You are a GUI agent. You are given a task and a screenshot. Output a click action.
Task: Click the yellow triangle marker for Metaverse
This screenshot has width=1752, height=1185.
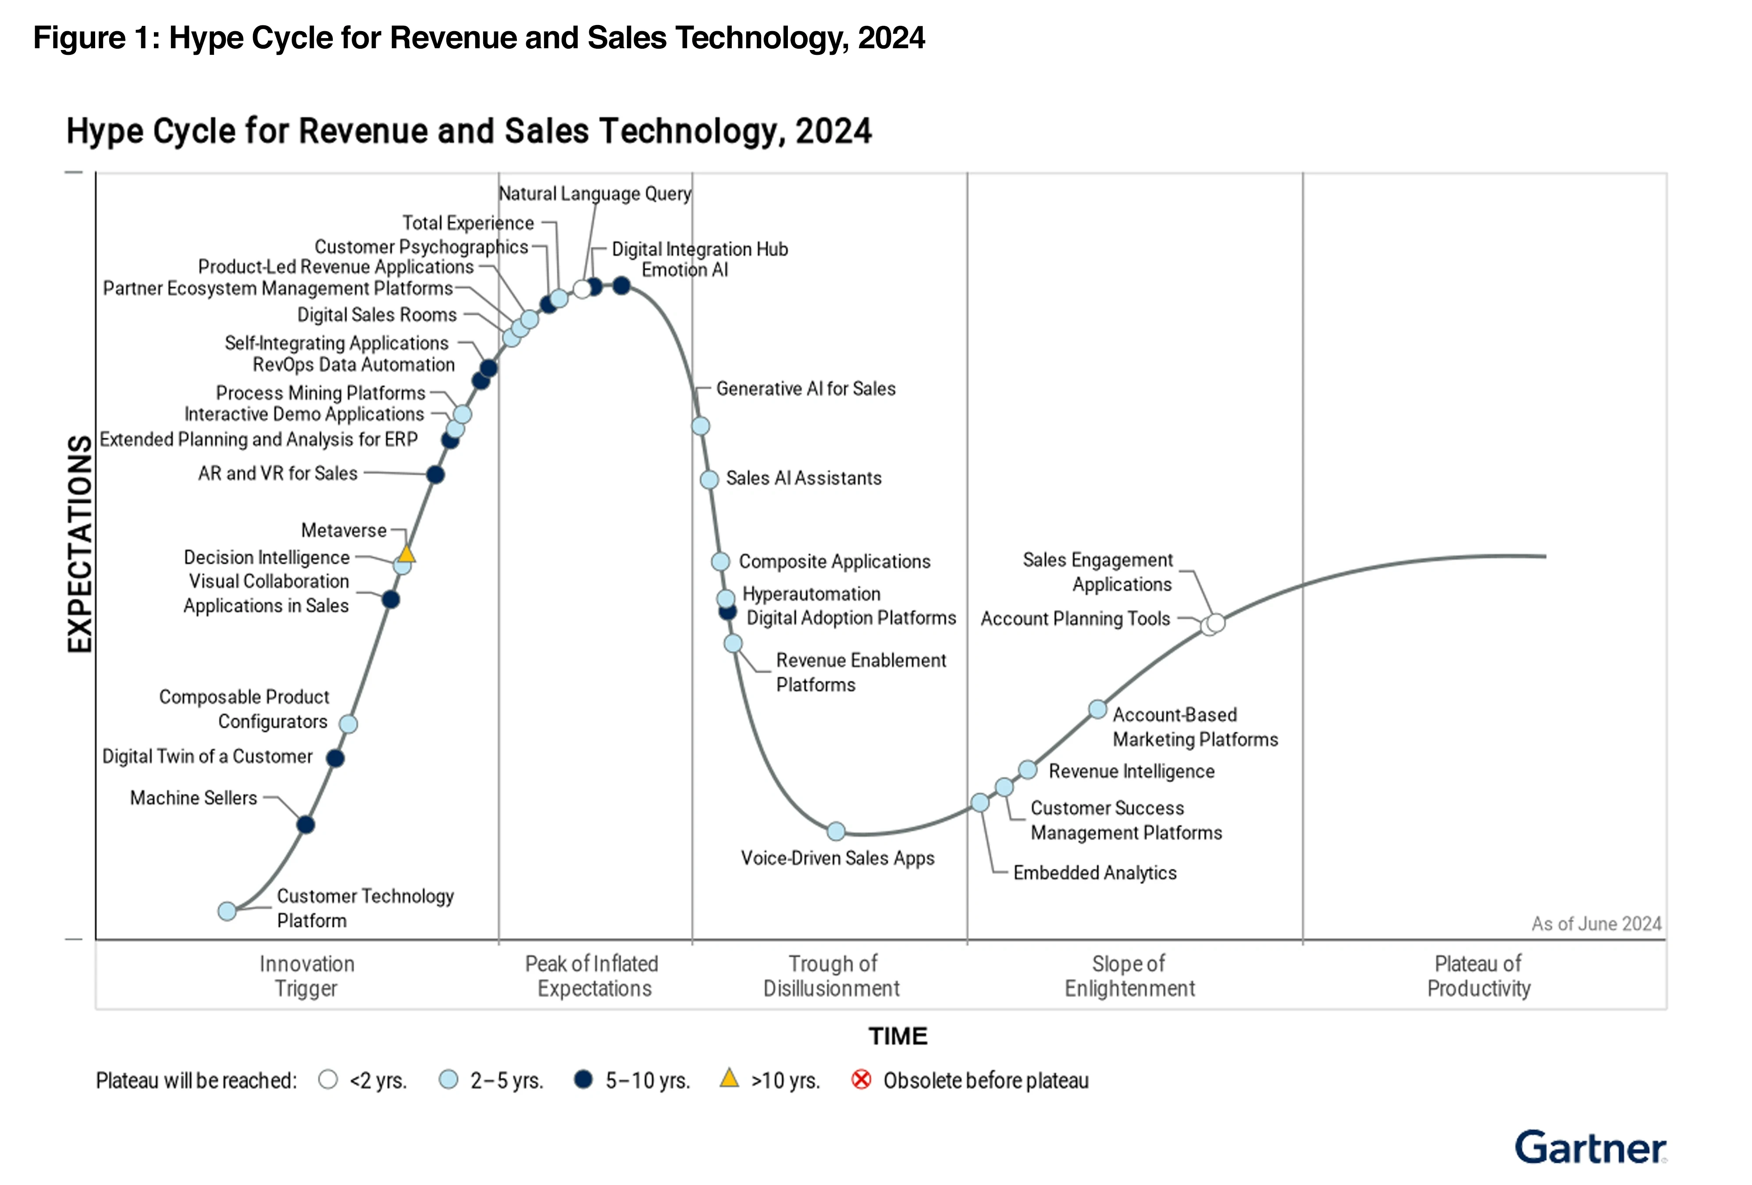pos(406,554)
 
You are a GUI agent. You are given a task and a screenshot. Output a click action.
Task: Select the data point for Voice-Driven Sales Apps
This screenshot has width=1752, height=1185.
pos(836,831)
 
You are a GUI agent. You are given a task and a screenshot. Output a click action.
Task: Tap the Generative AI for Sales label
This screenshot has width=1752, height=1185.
pos(805,389)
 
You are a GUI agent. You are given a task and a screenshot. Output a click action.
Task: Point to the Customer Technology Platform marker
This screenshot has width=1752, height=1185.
pos(227,911)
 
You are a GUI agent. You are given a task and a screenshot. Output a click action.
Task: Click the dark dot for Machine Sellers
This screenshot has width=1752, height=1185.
pos(305,825)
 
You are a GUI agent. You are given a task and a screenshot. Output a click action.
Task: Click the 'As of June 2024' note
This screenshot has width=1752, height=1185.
pos(1596,924)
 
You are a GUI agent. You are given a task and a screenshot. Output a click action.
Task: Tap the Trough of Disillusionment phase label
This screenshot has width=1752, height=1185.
pos(832,976)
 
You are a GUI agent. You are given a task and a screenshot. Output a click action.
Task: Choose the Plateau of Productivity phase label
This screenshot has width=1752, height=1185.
pos(1478,976)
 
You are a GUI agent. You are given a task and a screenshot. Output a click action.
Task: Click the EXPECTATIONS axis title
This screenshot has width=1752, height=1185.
pos(80,543)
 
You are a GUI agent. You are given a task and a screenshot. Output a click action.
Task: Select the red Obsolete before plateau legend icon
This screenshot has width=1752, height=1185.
pos(861,1079)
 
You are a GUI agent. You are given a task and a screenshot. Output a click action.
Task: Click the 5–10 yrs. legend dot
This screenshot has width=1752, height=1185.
pos(583,1079)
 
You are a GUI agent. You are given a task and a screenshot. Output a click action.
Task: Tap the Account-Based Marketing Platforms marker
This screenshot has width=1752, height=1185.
pos(1098,710)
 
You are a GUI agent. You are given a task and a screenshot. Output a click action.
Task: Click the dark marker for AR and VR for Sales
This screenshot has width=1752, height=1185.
pos(435,475)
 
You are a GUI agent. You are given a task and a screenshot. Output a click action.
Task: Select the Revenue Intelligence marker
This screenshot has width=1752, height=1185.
pos(1028,769)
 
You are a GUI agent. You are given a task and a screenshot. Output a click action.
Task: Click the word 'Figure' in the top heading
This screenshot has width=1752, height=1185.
pos(79,38)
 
